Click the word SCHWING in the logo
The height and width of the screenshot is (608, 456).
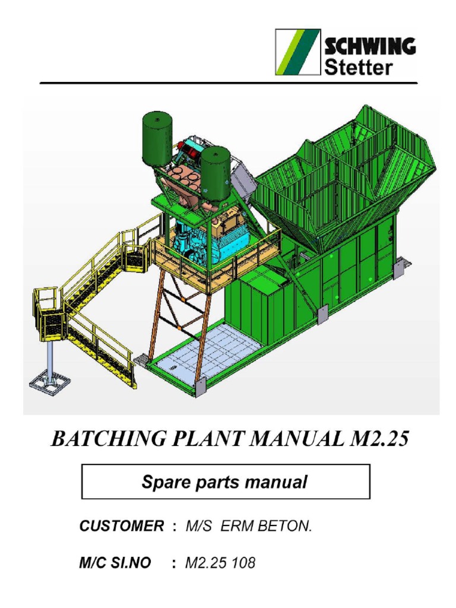point(369,46)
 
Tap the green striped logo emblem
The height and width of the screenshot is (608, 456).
point(298,52)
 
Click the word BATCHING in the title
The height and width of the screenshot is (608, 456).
point(99,440)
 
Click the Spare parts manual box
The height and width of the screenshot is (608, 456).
point(225,482)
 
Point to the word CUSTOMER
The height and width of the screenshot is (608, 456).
point(122,526)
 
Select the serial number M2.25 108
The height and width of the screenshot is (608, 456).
point(220,563)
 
